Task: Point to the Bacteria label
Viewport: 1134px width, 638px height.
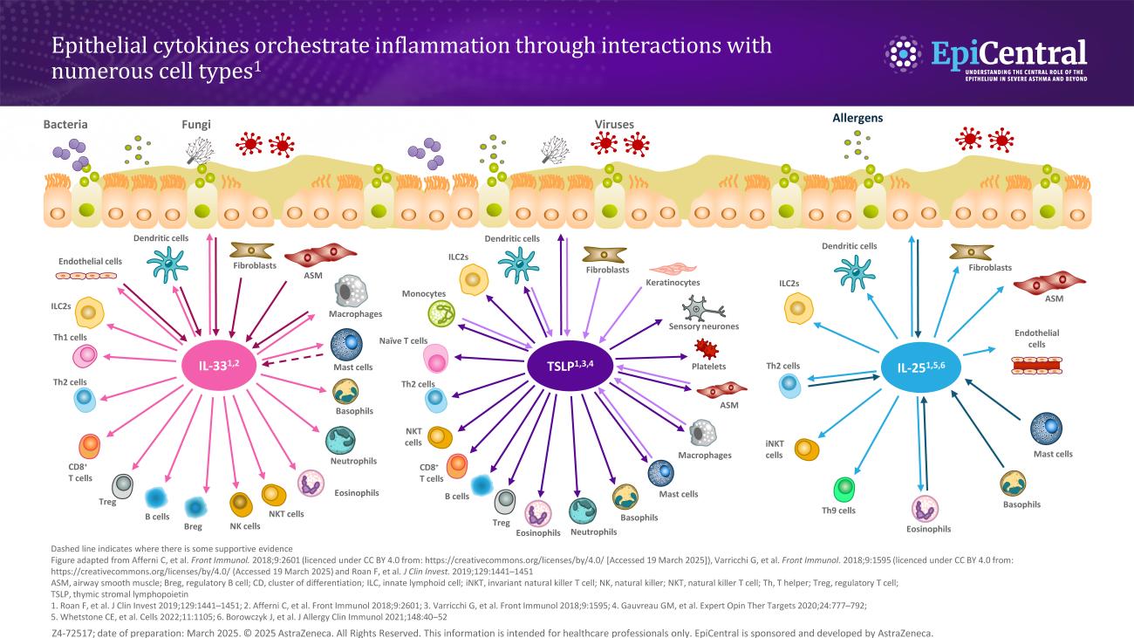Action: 65,125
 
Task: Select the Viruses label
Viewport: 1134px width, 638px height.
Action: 614,125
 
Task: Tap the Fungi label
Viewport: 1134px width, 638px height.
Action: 196,125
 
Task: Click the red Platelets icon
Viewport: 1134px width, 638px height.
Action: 706,349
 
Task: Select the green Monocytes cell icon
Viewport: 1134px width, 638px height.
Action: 442,313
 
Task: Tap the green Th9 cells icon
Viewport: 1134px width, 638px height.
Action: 844,489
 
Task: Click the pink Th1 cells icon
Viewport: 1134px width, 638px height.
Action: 85,355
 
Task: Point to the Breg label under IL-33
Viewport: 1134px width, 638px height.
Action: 193,527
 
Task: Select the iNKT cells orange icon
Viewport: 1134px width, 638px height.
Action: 806,449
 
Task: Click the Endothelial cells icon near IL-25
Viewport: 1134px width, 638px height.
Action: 1037,366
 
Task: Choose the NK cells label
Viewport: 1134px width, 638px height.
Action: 245,526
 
